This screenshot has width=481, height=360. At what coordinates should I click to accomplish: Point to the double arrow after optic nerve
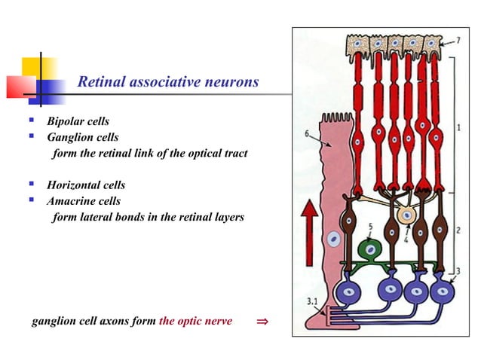(x=262, y=322)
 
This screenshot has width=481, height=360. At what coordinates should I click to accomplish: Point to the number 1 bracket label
(x=459, y=127)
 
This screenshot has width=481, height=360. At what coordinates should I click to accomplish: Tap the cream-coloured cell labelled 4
(x=408, y=215)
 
